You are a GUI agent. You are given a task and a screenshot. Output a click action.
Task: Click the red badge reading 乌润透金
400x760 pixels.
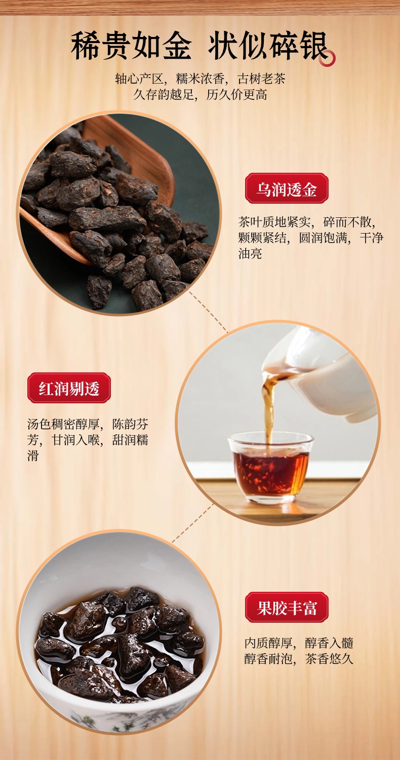click(287, 188)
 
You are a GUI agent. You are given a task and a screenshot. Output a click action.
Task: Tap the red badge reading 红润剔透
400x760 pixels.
click(69, 388)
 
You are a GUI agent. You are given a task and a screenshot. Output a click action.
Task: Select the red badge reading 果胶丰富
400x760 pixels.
click(287, 607)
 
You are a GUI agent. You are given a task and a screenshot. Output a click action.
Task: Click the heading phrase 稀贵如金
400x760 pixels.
click(131, 46)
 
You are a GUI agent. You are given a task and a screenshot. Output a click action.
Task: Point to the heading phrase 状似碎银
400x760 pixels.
click(267, 46)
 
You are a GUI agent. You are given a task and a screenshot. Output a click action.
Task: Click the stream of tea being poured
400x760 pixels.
click(268, 404)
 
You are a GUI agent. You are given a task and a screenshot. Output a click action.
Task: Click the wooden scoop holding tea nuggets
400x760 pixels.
click(102, 190)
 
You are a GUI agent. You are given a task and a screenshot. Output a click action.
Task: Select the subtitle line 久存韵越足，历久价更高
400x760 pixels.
click(200, 94)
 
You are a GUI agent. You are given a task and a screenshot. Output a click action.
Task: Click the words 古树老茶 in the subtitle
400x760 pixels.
click(261, 79)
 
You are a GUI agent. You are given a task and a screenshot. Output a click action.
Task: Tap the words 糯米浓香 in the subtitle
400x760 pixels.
click(200, 79)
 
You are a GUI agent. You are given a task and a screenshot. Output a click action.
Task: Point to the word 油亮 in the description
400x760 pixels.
click(250, 253)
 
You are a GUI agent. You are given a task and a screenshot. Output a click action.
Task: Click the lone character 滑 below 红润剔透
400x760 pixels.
click(33, 455)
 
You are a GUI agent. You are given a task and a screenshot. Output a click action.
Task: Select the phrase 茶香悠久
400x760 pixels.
click(329, 659)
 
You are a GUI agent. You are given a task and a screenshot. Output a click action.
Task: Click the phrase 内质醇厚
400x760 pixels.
click(268, 642)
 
